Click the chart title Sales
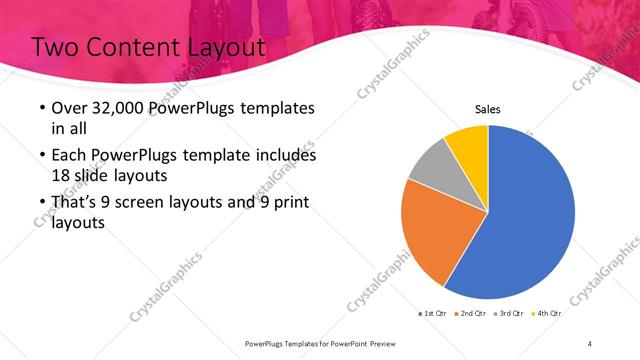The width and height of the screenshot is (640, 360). pyautogui.click(x=487, y=110)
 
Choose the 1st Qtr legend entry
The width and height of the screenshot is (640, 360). pyautogui.click(x=434, y=313)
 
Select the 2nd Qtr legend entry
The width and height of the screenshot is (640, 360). pyautogui.click(x=474, y=313)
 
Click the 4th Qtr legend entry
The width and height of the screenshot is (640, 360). pyautogui.click(x=548, y=313)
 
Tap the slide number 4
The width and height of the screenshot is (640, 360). pyautogui.click(x=590, y=343)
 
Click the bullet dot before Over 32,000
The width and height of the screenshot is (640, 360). pyautogui.click(x=40, y=108)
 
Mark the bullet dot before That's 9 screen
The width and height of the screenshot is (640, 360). pyautogui.click(x=40, y=203)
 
